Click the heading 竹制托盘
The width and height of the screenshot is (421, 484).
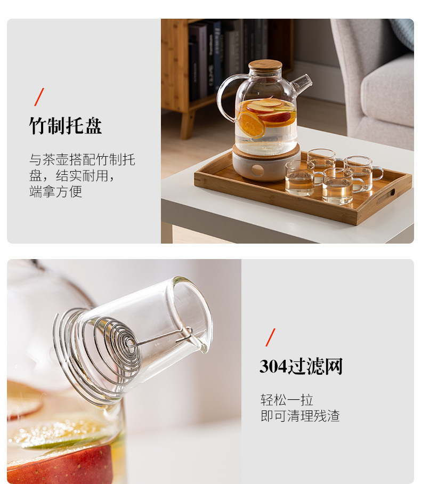pyautogui.click(x=65, y=126)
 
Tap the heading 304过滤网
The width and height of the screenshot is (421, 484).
pyautogui.click(x=301, y=367)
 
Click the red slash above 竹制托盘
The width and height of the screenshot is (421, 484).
pyautogui.click(x=39, y=97)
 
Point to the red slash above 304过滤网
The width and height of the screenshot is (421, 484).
pyautogui.click(x=271, y=337)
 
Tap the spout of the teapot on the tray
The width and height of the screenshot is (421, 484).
pyautogui.click(x=302, y=83)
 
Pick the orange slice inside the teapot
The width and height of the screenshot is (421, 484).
pyautogui.click(x=251, y=124)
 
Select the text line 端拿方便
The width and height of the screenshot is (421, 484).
pyautogui.click(x=55, y=191)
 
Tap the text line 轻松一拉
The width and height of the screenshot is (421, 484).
pyautogui.click(x=287, y=400)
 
